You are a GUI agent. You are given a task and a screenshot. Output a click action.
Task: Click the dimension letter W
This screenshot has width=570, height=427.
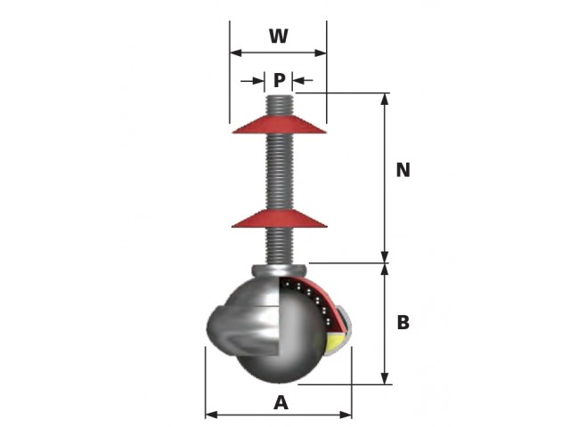[x=279, y=36]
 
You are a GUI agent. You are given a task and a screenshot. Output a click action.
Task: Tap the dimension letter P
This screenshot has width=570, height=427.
[x=279, y=80]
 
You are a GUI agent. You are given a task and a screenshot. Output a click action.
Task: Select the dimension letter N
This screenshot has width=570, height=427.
[x=403, y=170]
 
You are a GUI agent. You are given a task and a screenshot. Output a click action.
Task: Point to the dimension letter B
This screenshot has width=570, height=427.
[x=403, y=322]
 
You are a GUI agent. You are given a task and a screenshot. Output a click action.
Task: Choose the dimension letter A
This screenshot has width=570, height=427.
[x=281, y=403]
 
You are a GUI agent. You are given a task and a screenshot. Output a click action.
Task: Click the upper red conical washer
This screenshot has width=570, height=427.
[x=279, y=125]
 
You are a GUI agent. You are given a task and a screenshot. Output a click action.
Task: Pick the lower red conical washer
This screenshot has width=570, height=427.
[x=279, y=219]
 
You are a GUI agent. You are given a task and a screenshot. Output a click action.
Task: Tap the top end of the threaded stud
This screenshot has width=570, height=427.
[x=279, y=96]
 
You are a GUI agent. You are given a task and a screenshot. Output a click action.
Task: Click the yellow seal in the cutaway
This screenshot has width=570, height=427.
[x=336, y=343]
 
